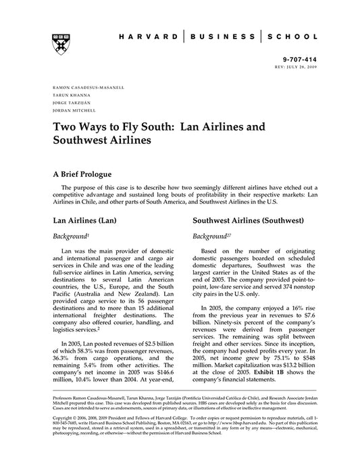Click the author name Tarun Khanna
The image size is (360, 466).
click(x=68, y=95)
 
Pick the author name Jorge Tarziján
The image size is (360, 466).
click(x=70, y=102)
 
